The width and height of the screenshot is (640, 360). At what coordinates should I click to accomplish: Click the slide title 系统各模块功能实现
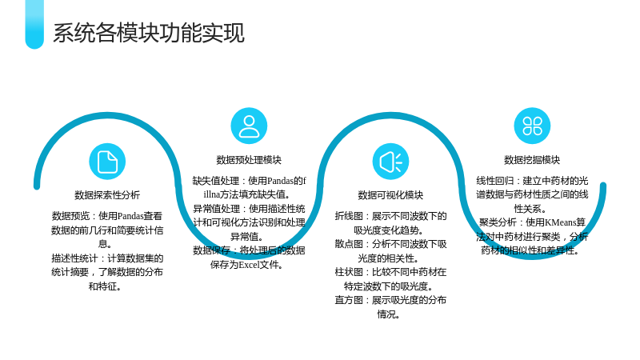(x=149, y=33)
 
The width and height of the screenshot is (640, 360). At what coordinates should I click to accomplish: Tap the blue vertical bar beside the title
(x=34, y=25)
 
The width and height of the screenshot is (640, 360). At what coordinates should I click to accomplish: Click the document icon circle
(x=107, y=162)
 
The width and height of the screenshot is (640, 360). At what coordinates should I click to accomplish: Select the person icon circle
(x=249, y=126)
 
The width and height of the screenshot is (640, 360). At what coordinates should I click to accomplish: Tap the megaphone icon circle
(x=390, y=162)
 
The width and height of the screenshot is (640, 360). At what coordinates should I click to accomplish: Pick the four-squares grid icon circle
(x=532, y=126)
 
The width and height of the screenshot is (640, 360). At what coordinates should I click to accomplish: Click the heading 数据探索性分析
(x=107, y=195)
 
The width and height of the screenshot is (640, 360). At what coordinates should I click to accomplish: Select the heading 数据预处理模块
(x=249, y=160)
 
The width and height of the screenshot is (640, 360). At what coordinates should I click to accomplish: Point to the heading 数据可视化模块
(x=390, y=195)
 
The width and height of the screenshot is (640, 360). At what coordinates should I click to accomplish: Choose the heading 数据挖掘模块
(x=532, y=160)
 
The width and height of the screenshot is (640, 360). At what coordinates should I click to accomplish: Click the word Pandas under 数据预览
(x=130, y=216)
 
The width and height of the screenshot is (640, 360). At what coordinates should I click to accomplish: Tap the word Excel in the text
(x=249, y=265)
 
